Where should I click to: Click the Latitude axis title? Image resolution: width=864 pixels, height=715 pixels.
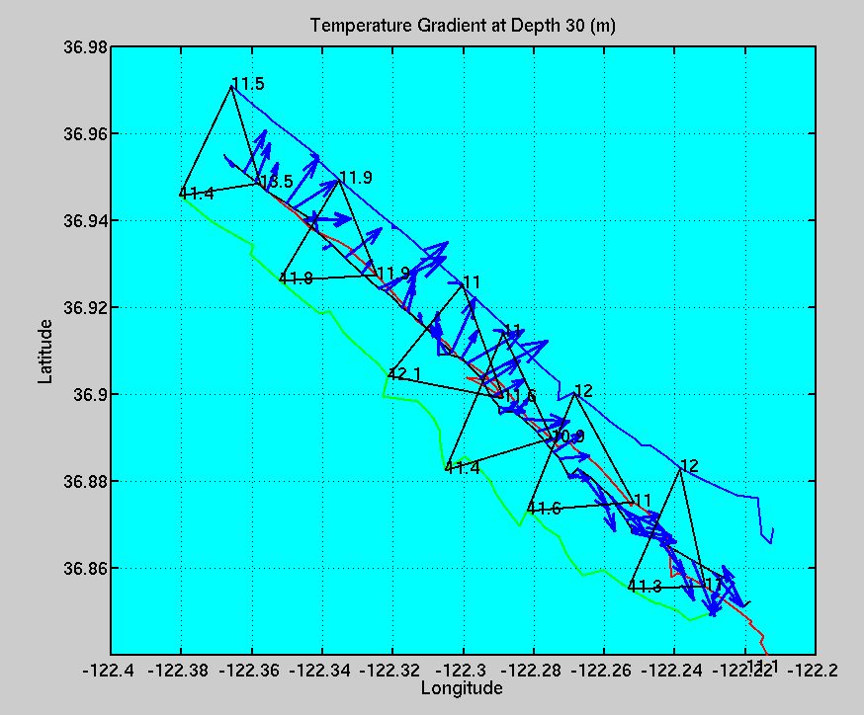pyautogui.click(x=45, y=351)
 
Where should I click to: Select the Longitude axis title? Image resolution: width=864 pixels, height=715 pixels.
pyautogui.click(x=463, y=687)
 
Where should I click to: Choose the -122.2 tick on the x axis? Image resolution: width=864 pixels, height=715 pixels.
pyautogui.click(x=816, y=669)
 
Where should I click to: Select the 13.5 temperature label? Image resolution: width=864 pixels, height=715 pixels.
pyautogui.click(x=276, y=182)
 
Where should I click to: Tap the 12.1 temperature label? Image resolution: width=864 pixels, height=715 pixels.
pyautogui.click(x=405, y=374)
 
